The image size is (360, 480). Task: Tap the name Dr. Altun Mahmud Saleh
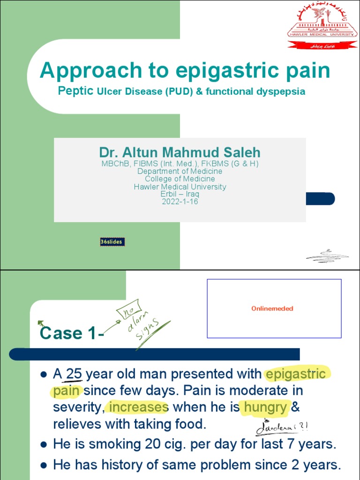pyautogui.click(x=180, y=152)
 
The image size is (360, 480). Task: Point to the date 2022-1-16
pyautogui.click(x=180, y=202)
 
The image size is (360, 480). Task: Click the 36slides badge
pyautogui.click(x=112, y=242)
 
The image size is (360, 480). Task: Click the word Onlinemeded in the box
pyautogui.click(x=272, y=308)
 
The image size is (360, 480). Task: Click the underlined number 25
pyautogui.click(x=74, y=374)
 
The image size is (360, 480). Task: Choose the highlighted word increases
pyautogui.click(x=137, y=407)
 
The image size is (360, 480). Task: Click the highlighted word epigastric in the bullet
pyautogui.click(x=296, y=374)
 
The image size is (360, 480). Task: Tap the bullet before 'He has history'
pyautogui.click(x=43, y=465)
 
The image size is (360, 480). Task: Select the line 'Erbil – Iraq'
pyautogui.click(x=180, y=194)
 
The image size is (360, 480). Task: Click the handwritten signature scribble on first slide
pyautogui.click(x=327, y=256)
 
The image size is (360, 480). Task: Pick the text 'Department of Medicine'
pyautogui.click(x=180, y=171)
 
